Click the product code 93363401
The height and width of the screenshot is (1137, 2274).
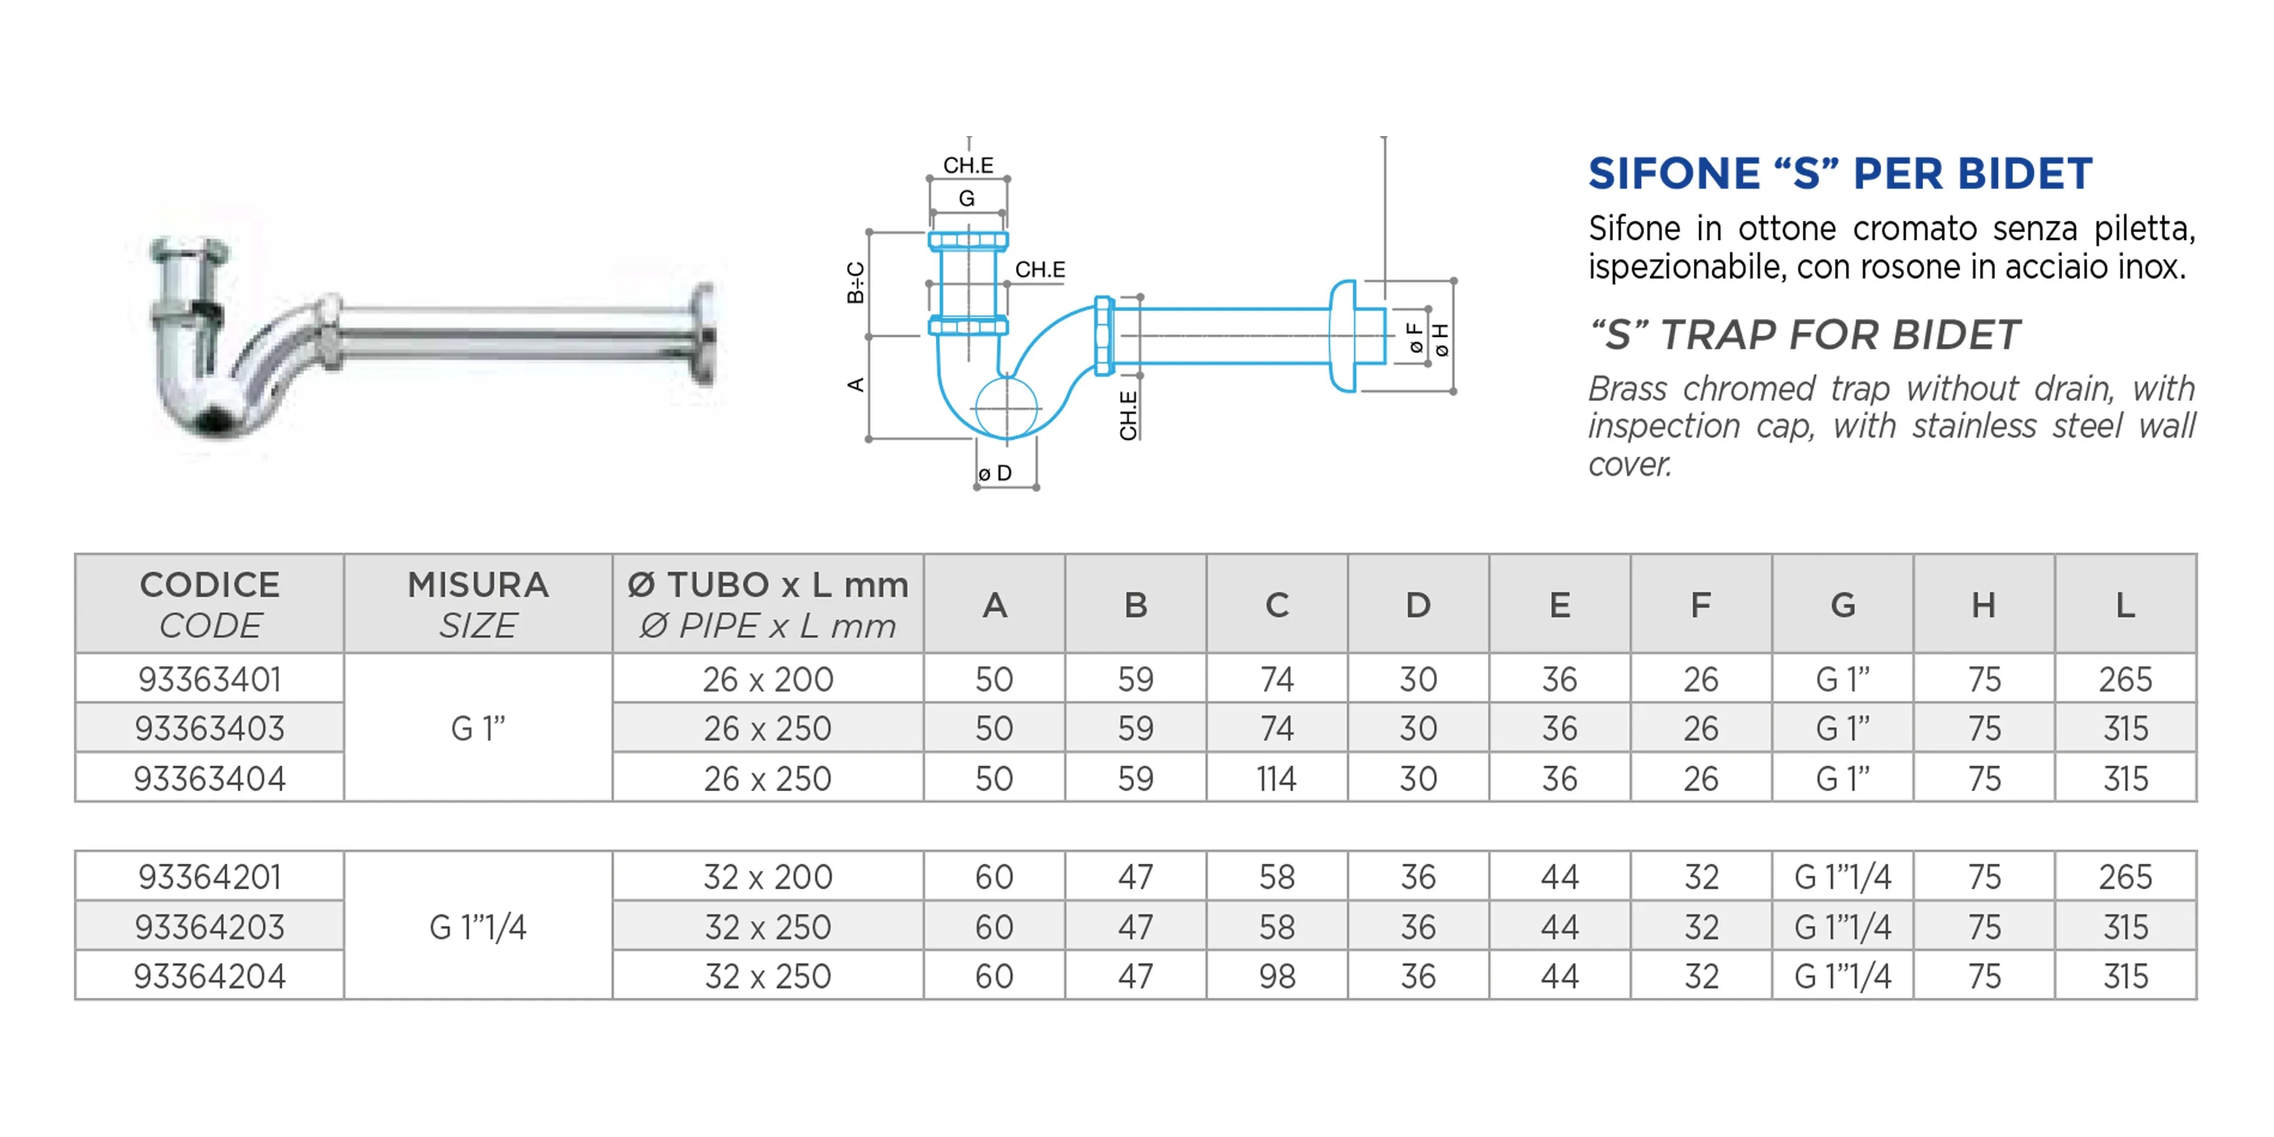209,679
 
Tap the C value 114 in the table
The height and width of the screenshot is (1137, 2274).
1277,778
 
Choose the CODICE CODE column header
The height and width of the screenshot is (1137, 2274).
209,604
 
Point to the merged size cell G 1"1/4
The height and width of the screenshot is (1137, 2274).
478,927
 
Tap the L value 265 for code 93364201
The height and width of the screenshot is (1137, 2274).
2125,876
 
